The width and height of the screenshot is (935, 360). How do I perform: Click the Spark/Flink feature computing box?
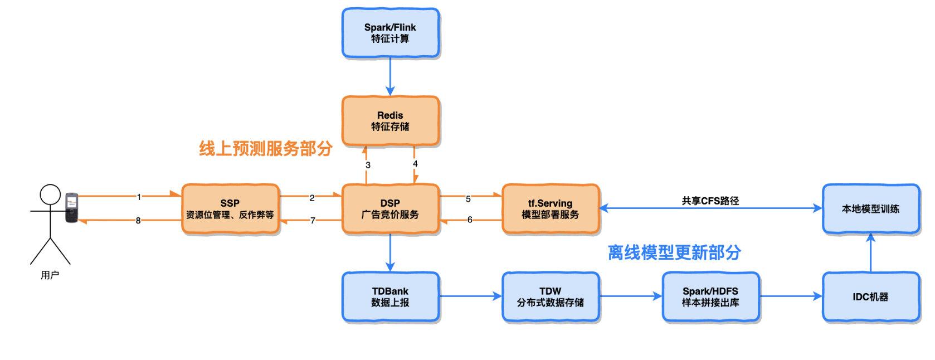390,33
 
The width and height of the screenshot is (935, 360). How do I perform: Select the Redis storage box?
390,121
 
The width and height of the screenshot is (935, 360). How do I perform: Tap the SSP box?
230,209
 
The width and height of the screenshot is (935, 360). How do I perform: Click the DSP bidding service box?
390,209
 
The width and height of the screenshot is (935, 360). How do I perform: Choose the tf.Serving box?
550,209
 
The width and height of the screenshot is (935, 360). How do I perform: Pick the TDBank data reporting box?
390,297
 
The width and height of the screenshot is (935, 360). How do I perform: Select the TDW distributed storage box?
550,297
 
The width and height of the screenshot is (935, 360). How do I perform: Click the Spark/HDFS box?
710,297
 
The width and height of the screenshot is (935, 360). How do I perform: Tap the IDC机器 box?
870,297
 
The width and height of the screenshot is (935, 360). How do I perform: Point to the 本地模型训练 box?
870,209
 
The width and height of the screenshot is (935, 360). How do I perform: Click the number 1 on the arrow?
139,197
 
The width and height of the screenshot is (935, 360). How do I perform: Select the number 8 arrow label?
138,221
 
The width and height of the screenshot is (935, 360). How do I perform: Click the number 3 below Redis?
368,165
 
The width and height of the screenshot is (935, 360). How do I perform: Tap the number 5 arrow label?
468,199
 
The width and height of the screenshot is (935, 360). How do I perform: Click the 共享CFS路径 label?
710,201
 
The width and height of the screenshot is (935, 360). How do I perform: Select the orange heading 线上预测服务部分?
266,148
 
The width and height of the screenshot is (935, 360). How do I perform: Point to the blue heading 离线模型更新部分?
674,252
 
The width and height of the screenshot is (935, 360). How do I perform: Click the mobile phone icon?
71,208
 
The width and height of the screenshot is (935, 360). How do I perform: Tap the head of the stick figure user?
50,194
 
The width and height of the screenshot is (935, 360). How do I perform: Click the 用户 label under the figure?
50,275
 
